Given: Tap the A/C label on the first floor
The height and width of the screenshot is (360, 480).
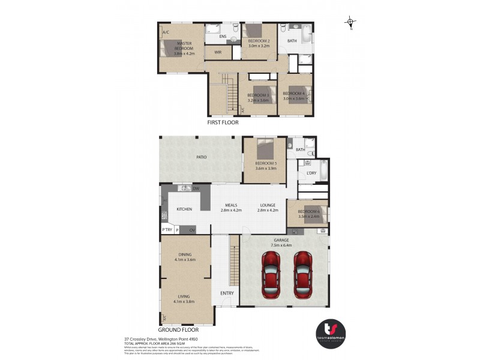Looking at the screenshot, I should pyautogui.click(x=166, y=32).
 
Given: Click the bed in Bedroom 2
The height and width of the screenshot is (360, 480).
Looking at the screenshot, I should pyautogui.click(x=253, y=30).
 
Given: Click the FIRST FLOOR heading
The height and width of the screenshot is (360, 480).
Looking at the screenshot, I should pyautogui.click(x=223, y=122).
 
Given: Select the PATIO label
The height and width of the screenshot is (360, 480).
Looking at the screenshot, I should pyautogui.click(x=201, y=157).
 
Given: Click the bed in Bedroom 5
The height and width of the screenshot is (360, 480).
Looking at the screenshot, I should pyautogui.click(x=265, y=148).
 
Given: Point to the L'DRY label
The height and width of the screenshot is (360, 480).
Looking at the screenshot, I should pyautogui.click(x=311, y=173).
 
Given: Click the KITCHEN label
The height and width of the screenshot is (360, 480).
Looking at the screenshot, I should pyautogui.click(x=184, y=209).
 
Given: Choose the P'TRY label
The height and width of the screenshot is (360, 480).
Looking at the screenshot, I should pyautogui.click(x=166, y=230).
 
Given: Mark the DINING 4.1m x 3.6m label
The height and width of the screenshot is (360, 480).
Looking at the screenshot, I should pyautogui.click(x=185, y=257).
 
